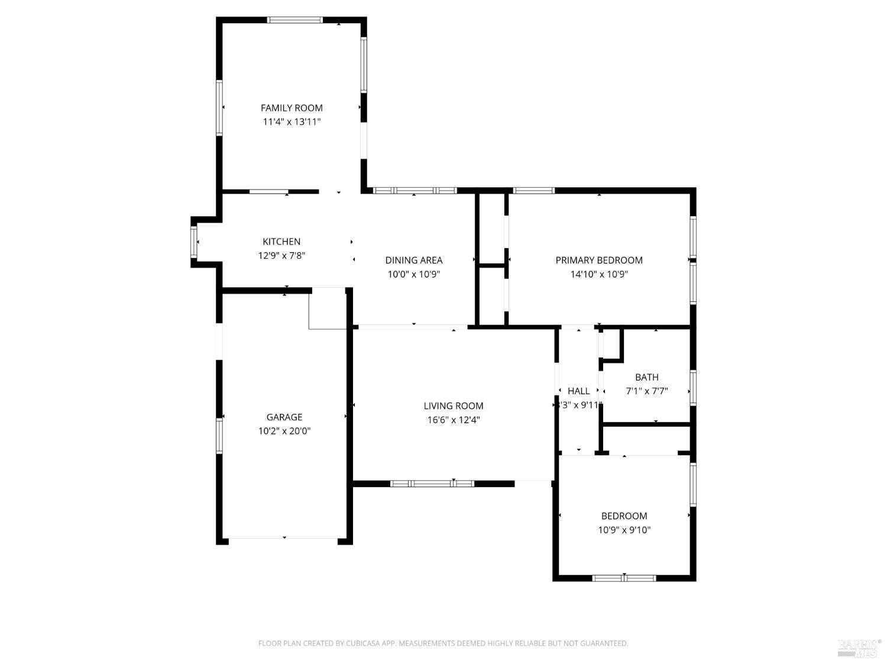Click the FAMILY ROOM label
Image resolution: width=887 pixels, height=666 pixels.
click(292, 108)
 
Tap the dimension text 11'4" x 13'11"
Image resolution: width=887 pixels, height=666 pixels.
click(292, 122)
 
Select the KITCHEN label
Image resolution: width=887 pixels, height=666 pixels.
click(281, 242)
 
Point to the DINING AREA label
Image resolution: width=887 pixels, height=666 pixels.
click(413, 260)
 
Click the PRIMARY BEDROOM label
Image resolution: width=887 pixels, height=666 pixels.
click(598, 260)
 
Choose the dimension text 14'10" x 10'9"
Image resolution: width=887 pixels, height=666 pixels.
click(598, 274)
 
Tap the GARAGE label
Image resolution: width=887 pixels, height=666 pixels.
click(284, 417)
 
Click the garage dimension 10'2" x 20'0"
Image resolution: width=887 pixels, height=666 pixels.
click(284, 431)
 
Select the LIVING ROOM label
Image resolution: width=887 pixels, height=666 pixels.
click(453, 406)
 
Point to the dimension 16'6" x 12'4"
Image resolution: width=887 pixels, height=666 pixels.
click(453, 420)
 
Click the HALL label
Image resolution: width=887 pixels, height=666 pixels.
click(578, 391)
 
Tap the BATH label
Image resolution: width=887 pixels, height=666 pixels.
click(646, 377)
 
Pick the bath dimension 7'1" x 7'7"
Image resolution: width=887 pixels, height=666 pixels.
click(646, 391)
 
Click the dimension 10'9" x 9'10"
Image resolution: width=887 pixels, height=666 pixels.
click(624, 530)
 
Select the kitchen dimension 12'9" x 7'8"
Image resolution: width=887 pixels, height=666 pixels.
click(281, 256)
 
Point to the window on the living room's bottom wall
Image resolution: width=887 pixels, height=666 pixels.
click(432, 484)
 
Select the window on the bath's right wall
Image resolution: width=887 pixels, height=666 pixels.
click(692, 388)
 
